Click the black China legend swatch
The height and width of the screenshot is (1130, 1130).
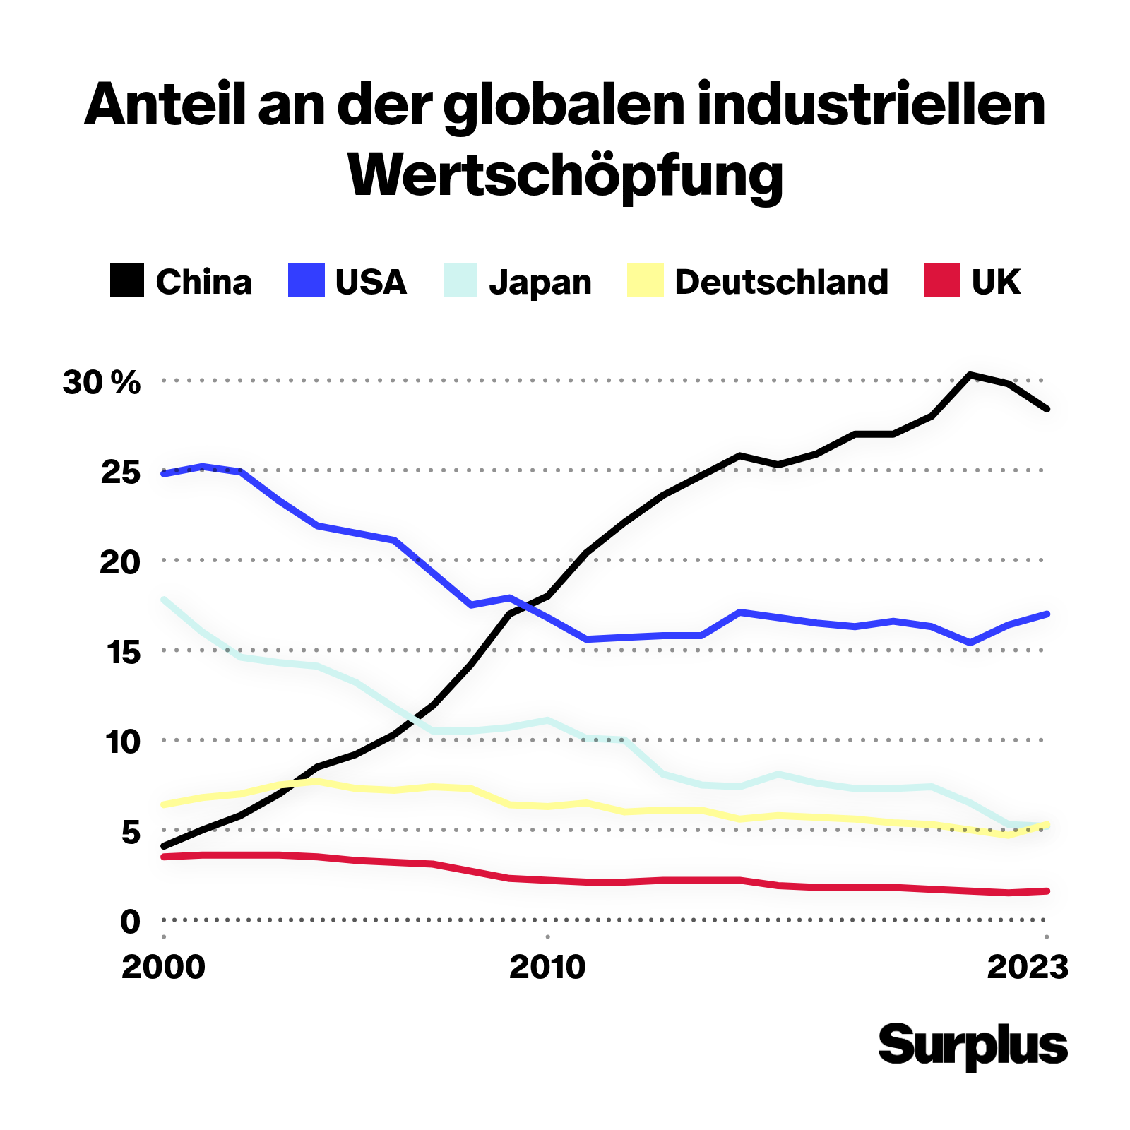point(127,280)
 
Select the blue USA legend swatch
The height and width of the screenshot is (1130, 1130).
point(307,280)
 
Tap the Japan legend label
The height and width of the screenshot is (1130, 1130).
point(540,282)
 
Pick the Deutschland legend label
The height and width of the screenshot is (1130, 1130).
point(781,282)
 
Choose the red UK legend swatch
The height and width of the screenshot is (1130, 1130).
point(942,280)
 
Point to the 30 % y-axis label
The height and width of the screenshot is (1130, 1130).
point(102,383)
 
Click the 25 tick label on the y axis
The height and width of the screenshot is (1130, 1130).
point(121,472)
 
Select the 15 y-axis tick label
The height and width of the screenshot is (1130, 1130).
point(121,652)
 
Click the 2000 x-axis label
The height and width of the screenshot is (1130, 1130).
point(163,967)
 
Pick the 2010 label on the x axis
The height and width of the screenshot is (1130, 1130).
point(547,967)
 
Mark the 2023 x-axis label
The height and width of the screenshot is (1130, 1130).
point(1028,967)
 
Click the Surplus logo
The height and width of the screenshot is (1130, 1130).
point(973,1046)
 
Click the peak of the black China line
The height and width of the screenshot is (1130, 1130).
point(971,374)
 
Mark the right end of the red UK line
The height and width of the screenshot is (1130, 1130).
point(1047,891)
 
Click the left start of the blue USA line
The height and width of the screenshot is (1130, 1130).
point(164,474)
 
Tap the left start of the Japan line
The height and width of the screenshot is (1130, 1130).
point(164,600)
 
